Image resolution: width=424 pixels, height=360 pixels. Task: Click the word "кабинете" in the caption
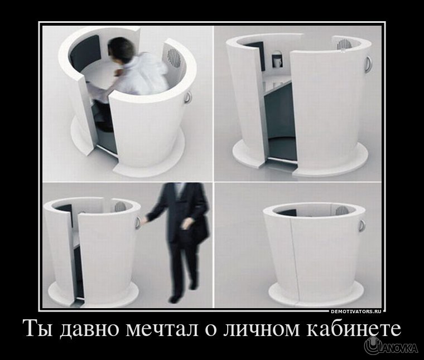coord(353,328)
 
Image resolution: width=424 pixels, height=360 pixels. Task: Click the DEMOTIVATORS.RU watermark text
coord(356,312)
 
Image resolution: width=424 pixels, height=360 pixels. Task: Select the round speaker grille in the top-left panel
coord(174,57)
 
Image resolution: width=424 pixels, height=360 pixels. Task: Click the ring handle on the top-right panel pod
coord(369,64)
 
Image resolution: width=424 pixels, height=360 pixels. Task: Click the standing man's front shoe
coord(175,299)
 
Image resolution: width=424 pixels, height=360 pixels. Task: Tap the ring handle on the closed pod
coord(362,226)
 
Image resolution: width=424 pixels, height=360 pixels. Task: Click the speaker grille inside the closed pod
coord(341,210)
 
